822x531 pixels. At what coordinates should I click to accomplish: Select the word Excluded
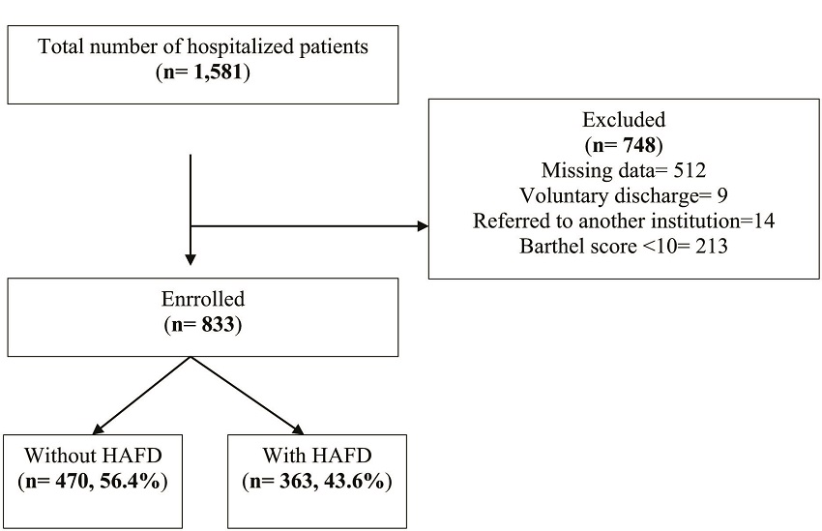click(x=623, y=120)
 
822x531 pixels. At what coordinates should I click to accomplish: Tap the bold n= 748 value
click(x=623, y=145)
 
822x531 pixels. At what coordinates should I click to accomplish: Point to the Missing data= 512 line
click(x=623, y=171)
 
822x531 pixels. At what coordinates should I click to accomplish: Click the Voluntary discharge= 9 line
click(x=623, y=195)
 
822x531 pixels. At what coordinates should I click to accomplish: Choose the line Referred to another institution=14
click(x=623, y=221)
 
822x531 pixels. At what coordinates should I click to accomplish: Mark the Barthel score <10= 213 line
click(x=623, y=246)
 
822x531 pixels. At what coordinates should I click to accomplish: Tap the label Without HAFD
click(x=93, y=456)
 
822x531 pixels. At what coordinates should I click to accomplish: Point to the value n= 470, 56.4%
click(x=93, y=481)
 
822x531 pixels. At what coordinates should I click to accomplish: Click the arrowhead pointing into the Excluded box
click(x=422, y=227)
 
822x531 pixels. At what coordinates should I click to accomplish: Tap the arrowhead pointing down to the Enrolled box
click(x=191, y=258)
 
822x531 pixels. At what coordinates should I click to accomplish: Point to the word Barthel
click(x=563, y=246)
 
